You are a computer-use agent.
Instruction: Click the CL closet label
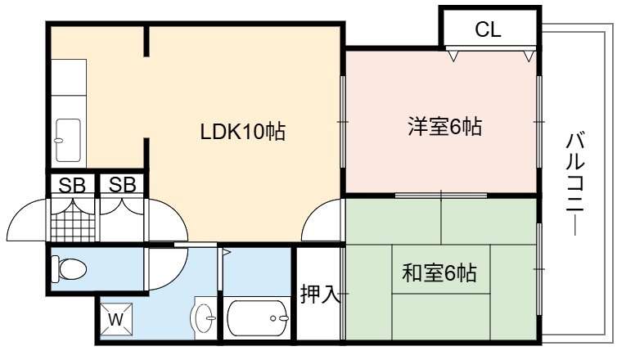pyautogui.click(x=488, y=29)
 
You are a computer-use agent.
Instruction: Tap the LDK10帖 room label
pyautogui.click(x=243, y=131)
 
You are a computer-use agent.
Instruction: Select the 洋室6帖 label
pyautogui.click(x=445, y=127)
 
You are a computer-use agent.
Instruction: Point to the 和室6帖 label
pyautogui.click(x=439, y=273)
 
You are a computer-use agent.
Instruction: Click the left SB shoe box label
pyautogui.click(x=72, y=185)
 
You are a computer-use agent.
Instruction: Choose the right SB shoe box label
pyautogui.click(x=122, y=185)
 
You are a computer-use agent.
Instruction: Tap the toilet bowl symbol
pyautogui.click(x=69, y=269)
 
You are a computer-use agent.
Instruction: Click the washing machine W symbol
pyautogui.click(x=116, y=319)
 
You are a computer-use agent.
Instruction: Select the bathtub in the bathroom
pyautogui.click(x=258, y=318)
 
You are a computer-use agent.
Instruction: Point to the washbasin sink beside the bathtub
pyautogui.click(x=204, y=318)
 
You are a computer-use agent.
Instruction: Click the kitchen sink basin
pyautogui.click(x=68, y=141)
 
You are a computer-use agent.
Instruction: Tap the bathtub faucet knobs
pyautogui.click(x=279, y=318)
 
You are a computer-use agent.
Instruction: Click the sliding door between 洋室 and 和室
pyautogui.click(x=441, y=196)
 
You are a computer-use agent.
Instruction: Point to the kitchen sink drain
pyautogui.click(x=58, y=141)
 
